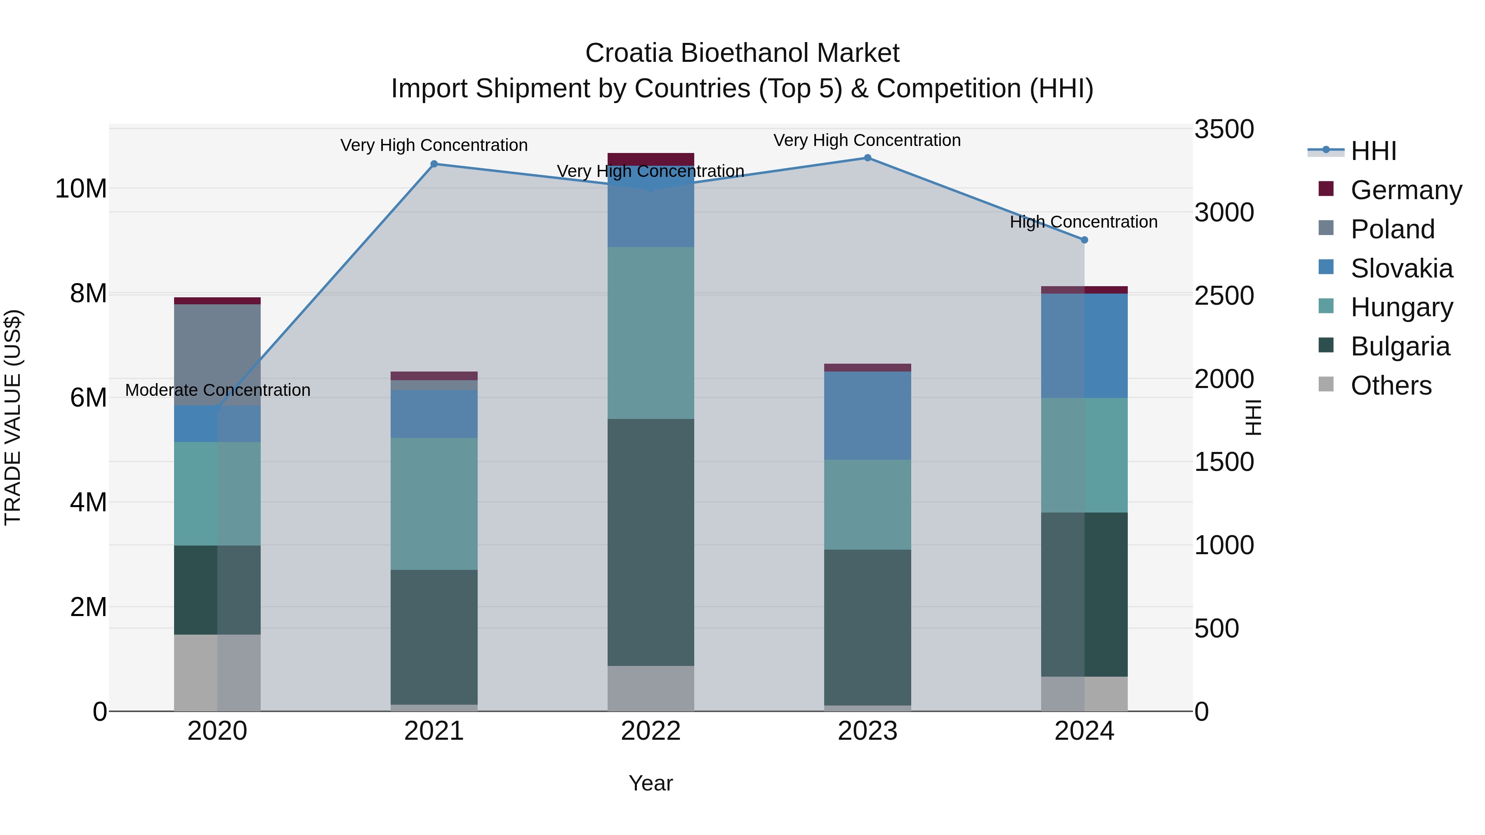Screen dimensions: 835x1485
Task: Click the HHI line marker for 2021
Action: coord(434,164)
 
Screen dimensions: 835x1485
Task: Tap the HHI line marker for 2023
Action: coord(867,158)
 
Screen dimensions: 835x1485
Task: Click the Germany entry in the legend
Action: coord(1405,190)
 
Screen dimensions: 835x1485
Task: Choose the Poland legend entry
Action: coord(1392,229)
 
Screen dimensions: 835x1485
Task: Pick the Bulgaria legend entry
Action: coord(1400,346)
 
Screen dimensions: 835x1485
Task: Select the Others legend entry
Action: coord(1391,386)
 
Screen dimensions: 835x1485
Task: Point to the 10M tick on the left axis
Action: coord(81,189)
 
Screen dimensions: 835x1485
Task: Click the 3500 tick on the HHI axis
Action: coord(1223,129)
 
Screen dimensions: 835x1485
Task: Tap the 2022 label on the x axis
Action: coord(651,731)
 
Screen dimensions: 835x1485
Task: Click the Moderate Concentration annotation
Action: coord(217,390)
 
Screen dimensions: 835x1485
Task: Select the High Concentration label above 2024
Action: coord(1083,222)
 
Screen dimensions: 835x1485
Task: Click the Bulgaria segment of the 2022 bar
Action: coord(651,542)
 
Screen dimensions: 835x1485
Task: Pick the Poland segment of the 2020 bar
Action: coord(217,354)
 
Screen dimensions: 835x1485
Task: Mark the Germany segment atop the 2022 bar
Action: coord(651,159)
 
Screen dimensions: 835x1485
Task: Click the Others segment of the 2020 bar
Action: coord(217,673)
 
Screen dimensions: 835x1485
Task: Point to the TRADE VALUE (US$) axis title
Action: coord(13,417)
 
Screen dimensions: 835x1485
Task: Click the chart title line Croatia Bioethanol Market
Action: coord(742,53)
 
